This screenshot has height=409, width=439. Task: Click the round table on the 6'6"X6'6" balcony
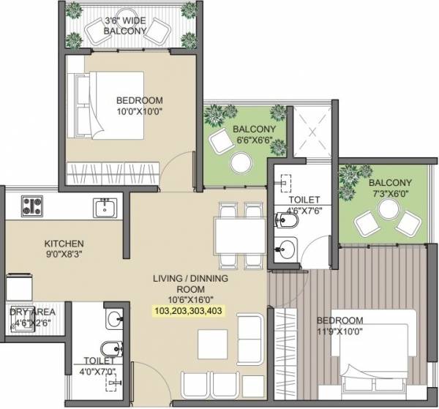(x=239, y=162)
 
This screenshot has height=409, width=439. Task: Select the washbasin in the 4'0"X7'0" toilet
(x=113, y=319)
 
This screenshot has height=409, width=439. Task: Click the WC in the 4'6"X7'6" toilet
(x=286, y=219)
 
